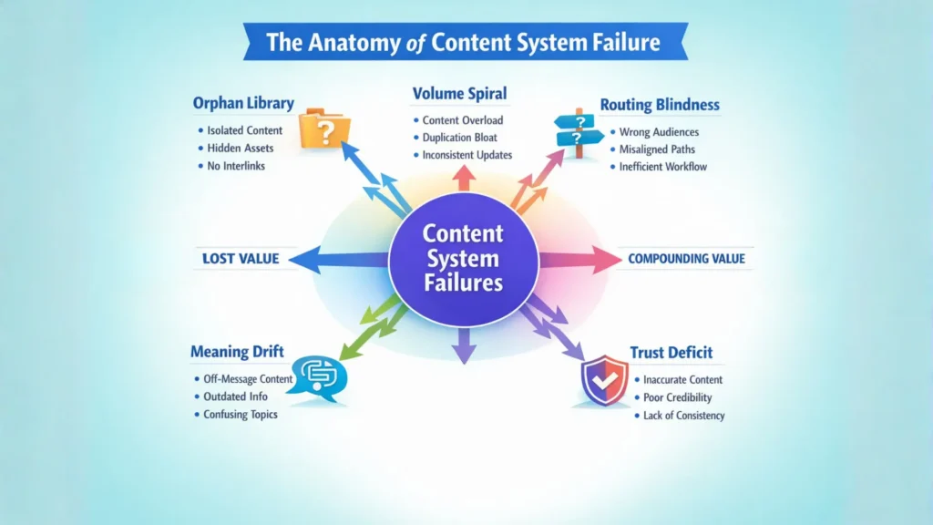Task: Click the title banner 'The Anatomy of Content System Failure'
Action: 465,43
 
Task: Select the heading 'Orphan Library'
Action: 243,102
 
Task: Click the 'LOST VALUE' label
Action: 241,259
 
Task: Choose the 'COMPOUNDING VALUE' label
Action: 686,259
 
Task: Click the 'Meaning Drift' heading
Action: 237,351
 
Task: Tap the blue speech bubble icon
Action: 316,376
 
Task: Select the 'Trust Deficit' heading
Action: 671,352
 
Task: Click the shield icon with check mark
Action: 604,381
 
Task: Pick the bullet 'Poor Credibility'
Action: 677,397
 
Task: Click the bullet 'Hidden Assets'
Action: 241,149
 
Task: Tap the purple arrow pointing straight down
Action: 464,345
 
